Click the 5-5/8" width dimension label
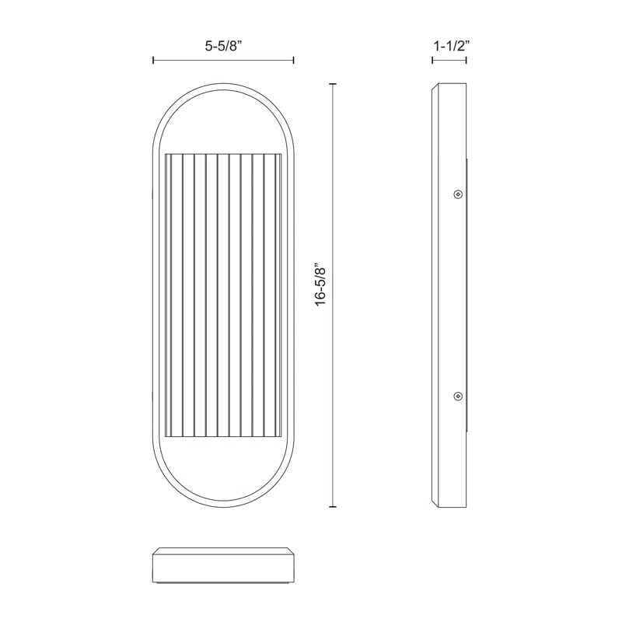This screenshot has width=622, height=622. pos(223,46)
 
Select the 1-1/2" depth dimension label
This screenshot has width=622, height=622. pos(449,46)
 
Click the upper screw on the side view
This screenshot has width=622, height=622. pos(458,194)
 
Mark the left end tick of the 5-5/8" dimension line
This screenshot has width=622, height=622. pos(153,60)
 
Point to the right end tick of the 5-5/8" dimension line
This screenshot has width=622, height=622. pos(293,60)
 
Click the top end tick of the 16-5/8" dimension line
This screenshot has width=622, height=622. pos(334,84)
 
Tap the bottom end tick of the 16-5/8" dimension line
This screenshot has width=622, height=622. pos(334,507)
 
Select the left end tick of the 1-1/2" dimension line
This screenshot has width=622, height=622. pos(432,60)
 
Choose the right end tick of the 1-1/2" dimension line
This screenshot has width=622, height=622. pos(467,60)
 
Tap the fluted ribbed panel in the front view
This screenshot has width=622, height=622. pos(223,295)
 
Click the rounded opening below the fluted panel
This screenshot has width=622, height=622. pos(223,466)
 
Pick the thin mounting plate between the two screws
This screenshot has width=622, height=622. pos(466,295)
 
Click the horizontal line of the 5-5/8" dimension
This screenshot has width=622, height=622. pos(223,60)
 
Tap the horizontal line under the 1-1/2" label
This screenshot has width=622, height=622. pos(449,60)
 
